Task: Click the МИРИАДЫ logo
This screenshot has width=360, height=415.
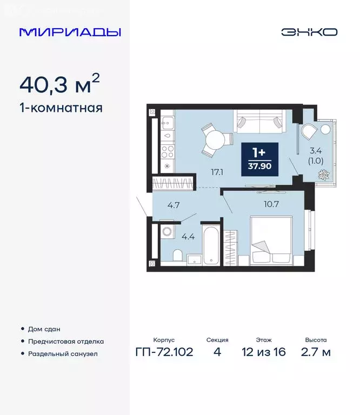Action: point(70,32)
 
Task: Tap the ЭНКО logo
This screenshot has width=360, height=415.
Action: point(309,32)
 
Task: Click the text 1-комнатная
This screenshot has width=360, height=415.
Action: point(61,108)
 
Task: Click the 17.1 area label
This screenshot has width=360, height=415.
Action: point(218,173)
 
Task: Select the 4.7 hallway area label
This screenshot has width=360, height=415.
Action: point(174,205)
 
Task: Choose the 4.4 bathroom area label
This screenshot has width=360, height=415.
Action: point(188,236)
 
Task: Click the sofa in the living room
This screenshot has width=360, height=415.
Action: point(259,122)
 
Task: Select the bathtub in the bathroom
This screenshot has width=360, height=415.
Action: point(211,245)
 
